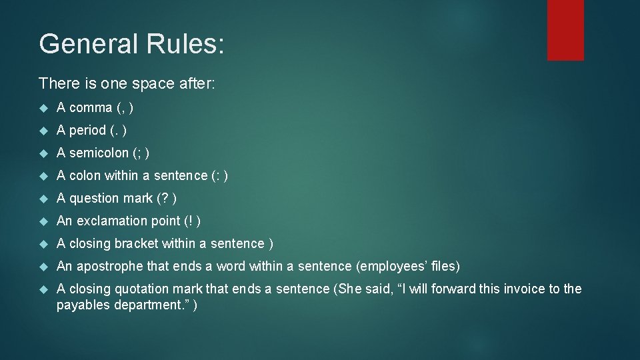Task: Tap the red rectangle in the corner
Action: (565, 30)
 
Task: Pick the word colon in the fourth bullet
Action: (82, 175)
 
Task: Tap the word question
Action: (93, 198)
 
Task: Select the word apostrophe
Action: (109, 266)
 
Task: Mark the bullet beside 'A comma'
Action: (44, 108)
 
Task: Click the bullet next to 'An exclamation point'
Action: (44, 221)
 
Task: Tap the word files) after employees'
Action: (445, 266)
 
